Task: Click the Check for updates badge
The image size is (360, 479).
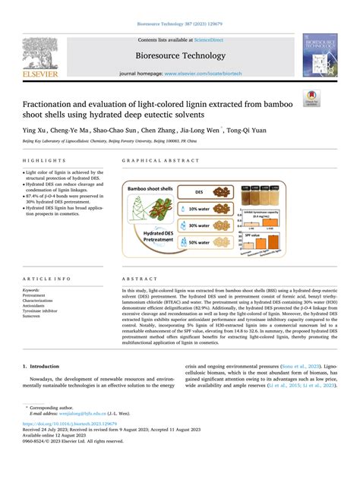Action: click(331, 99)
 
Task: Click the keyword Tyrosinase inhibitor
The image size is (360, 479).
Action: click(43, 311)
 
